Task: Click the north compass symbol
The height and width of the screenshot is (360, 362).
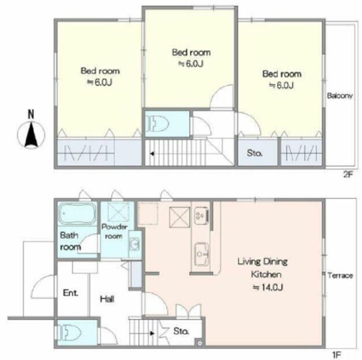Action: (x=31, y=135)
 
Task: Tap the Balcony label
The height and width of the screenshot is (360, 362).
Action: (x=340, y=96)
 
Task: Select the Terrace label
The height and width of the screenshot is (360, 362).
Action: (x=341, y=275)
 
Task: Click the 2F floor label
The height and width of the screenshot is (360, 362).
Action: (x=348, y=175)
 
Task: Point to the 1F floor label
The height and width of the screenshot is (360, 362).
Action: (x=336, y=354)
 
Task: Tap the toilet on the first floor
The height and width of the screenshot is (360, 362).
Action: (x=69, y=333)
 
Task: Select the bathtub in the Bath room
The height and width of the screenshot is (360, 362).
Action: (x=77, y=214)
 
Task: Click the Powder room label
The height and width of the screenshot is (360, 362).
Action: (x=114, y=231)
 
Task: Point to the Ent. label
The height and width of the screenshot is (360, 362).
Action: (x=70, y=293)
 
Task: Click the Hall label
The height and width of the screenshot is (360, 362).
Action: (x=107, y=299)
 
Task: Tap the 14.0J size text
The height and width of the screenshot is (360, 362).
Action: (x=268, y=287)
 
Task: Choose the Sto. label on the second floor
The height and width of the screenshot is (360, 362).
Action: (x=255, y=153)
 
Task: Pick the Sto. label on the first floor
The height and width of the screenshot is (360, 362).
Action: (x=181, y=331)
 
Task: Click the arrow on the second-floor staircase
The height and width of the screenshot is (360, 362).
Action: (x=152, y=154)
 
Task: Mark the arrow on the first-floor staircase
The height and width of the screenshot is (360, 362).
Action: (x=152, y=333)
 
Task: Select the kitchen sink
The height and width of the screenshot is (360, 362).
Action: (x=201, y=254)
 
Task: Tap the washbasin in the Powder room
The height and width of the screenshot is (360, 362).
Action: (x=135, y=244)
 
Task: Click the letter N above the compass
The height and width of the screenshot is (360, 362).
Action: (x=31, y=114)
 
